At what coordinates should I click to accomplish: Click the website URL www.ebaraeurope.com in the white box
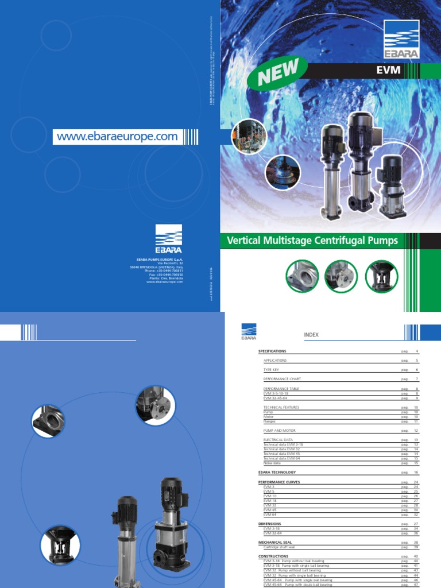117,137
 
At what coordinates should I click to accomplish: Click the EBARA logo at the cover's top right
401,41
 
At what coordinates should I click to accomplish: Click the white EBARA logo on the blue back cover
168,239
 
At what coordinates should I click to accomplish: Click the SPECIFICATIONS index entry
272,351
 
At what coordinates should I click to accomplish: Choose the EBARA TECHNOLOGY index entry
278,472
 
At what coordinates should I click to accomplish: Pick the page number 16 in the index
417,472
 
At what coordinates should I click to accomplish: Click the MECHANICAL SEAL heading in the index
276,542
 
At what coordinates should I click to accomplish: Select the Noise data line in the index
272,463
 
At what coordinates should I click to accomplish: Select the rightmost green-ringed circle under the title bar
381,276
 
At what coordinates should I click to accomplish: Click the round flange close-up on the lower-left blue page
153,405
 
